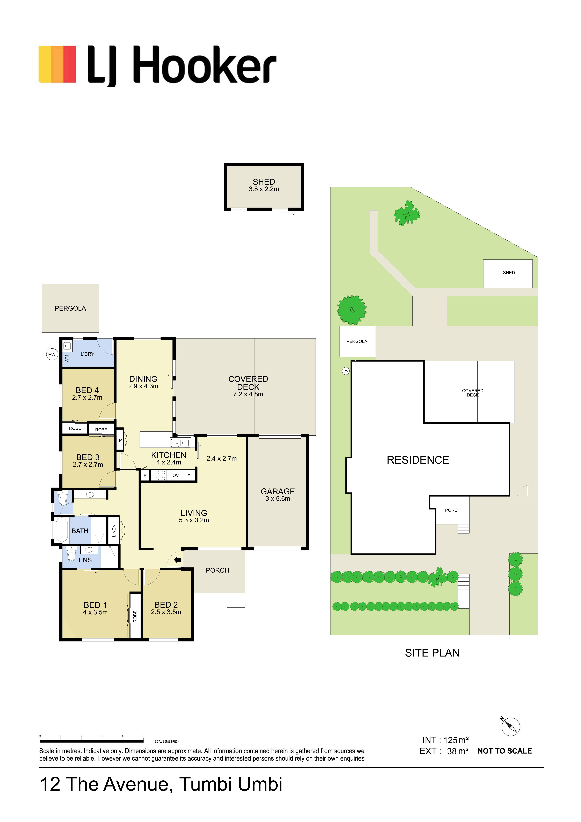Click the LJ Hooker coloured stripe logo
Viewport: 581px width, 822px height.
57,64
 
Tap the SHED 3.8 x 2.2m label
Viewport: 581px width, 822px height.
264,185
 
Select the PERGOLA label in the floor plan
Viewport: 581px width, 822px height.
70,308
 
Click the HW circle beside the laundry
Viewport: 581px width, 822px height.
52,354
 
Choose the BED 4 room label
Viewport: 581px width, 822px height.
87,390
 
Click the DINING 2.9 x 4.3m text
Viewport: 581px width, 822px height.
143,382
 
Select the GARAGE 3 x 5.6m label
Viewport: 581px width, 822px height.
278,495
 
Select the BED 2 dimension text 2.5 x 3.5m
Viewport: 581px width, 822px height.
166,612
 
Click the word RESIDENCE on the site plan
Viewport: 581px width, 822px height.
418,460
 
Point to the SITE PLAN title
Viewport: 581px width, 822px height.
432,653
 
